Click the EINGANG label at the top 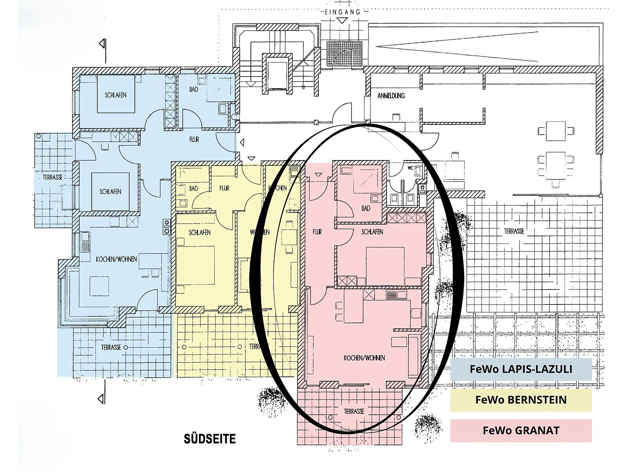342,12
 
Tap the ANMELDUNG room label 391,96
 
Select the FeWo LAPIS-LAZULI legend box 521,369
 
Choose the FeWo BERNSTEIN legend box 521,400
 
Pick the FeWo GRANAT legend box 521,430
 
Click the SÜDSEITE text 210,439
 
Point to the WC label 410,168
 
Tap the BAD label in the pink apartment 366,208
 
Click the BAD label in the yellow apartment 193,188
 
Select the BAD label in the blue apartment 193,90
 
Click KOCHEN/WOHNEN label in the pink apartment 364,358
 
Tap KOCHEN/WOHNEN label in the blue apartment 116,259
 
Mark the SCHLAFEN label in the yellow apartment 199,232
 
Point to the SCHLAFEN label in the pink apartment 372,232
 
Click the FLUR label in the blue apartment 194,140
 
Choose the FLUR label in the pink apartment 317,232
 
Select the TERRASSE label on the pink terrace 353,411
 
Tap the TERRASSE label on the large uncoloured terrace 514,231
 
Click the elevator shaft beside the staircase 278,74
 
